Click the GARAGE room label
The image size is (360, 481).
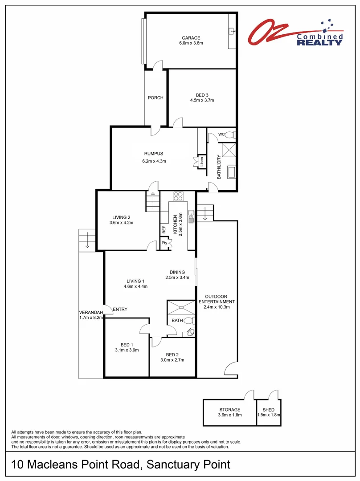coord(191,38)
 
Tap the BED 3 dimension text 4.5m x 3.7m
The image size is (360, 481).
coord(202,100)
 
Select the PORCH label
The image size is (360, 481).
coord(155,98)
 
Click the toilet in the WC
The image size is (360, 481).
coord(229,135)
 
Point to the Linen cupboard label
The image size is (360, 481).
coord(202,162)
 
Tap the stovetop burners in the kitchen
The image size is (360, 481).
coord(179,196)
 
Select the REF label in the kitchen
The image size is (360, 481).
coord(164,229)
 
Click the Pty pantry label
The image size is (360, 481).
coord(164,243)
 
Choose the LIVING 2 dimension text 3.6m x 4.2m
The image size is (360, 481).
coord(122,223)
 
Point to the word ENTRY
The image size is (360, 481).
coord(120,310)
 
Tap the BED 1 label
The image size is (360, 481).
coord(127,344)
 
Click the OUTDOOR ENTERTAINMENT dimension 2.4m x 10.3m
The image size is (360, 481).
coord(216,307)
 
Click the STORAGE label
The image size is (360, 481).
coord(229,409)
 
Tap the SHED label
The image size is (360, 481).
coord(268,409)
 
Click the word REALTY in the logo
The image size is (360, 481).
coord(319,42)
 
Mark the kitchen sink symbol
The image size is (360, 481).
coord(191,217)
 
